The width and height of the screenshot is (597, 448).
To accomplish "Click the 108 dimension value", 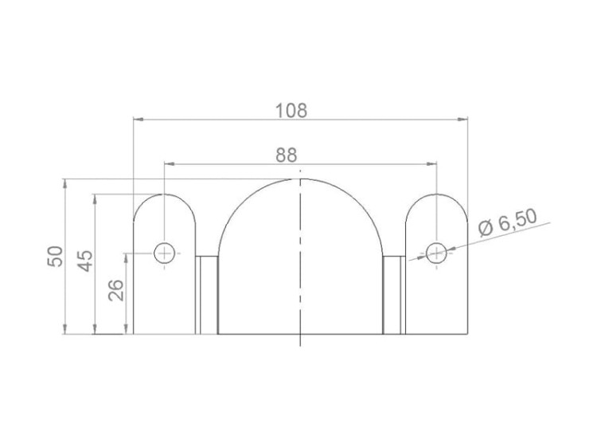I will [291, 110].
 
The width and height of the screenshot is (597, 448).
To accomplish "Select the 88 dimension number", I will [287, 155].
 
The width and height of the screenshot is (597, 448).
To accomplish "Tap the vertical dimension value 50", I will [55, 256].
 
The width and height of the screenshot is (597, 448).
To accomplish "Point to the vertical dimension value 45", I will [85, 261].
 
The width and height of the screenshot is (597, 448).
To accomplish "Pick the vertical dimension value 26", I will [116, 289].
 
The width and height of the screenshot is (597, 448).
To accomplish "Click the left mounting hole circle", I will [165, 253].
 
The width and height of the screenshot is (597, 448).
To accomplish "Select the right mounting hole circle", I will [435, 253].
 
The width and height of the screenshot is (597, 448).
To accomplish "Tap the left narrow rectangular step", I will [207, 295].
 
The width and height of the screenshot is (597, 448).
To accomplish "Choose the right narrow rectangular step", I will [393, 295].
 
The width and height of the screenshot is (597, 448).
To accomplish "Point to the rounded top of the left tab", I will [165, 195].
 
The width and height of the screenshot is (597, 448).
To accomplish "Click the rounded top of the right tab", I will [436, 195].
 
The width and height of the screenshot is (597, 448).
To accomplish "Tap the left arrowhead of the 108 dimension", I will [137, 120].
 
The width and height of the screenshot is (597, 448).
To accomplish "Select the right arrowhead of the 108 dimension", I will [463, 120].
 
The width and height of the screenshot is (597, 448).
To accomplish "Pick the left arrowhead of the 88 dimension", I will [168, 164].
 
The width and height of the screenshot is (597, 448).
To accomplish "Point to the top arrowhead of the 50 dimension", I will [64, 183].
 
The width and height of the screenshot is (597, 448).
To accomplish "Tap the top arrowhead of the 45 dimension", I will [94, 198].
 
